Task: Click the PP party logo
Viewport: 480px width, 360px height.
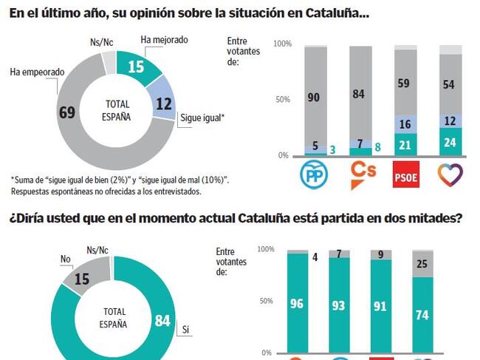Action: click(x=315, y=174)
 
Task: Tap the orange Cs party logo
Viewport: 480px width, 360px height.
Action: click(x=361, y=174)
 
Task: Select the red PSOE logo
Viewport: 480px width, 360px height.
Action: click(x=405, y=174)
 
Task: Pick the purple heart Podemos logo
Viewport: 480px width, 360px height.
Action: click(x=450, y=174)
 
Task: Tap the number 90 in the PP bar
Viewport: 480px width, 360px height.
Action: click(x=315, y=97)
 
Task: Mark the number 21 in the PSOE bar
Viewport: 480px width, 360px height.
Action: click(x=405, y=144)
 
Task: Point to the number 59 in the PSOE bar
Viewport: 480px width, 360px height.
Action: click(x=405, y=84)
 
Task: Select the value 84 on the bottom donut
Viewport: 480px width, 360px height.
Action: click(x=163, y=319)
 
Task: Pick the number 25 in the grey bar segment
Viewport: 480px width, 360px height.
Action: click(x=422, y=264)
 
